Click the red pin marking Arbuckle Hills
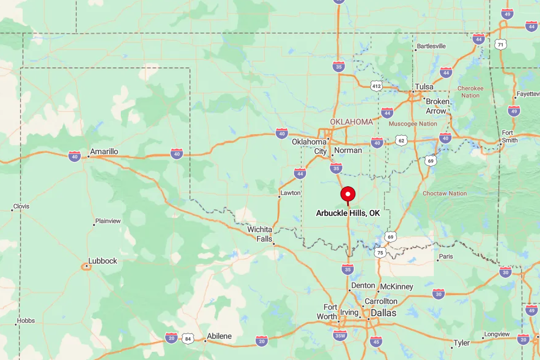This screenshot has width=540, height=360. (x=347, y=194)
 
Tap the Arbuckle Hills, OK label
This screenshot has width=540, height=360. (x=348, y=213)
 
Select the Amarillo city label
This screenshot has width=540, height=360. (x=104, y=152)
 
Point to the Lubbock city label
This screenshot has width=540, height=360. (x=103, y=261)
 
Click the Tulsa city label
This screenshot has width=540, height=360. (x=424, y=87)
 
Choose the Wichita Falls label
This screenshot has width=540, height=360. (x=259, y=234)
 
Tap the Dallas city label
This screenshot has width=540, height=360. (x=383, y=313)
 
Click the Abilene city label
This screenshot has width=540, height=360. (x=219, y=336)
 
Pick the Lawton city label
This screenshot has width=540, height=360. (x=290, y=193)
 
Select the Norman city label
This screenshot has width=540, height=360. (x=348, y=150)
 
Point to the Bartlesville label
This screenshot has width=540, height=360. (x=431, y=46)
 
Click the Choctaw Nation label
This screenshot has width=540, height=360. (x=445, y=193)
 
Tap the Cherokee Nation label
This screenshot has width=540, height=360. (x=470, y=91)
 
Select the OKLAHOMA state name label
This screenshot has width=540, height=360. (x=352, y=122)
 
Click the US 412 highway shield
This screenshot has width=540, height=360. (x=376, y=86)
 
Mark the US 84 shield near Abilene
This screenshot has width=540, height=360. (x=188, y=338)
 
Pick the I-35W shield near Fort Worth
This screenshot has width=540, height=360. (x=340, y=336)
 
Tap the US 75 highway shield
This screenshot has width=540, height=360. (x=380, y=253)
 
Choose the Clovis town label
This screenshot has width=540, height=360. (x=22, y=206)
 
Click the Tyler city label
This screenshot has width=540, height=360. (x=462, y=343)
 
